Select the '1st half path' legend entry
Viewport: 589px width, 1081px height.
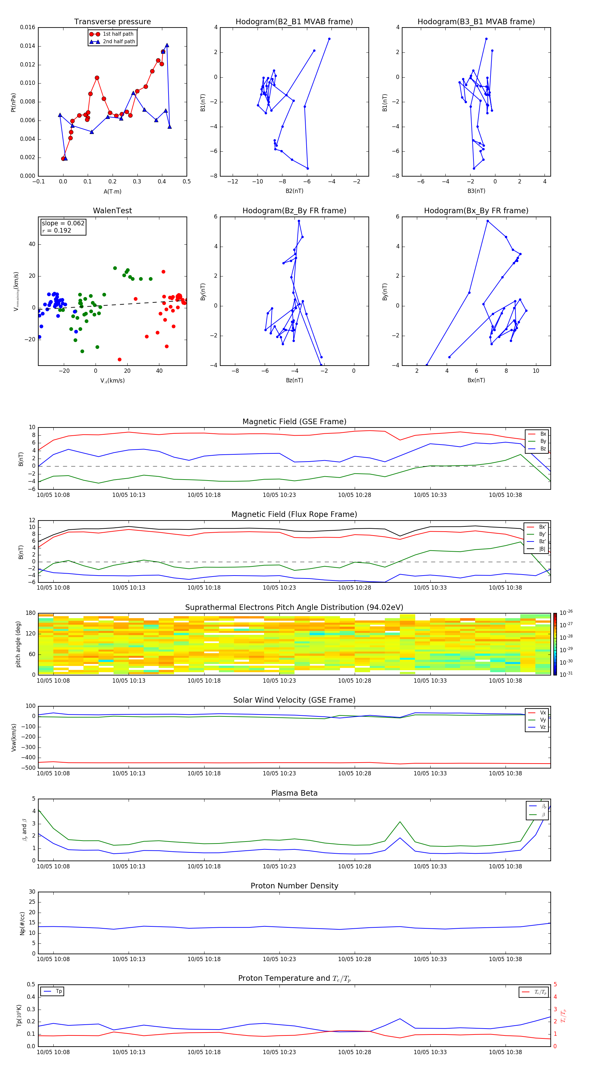[x=118, y=34]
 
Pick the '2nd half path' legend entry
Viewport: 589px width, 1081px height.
[x=119, y=42]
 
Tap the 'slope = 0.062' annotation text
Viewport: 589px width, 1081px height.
[x=63, y=223]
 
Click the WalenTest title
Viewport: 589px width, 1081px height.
[x=112, y=211]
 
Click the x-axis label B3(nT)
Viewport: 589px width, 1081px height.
[x=476, y=191]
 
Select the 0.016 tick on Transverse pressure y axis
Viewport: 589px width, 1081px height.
[x=28, y=27]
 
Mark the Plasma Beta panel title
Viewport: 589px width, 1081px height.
[x=294, y=793]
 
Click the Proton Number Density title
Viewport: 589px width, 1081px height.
[x=294, y=886]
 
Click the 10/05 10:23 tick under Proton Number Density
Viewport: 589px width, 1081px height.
[x=279, y=959]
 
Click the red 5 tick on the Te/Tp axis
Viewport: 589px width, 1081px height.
[x=555, y=984]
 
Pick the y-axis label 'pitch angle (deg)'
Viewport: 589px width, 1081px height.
[x=18, y=644]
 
